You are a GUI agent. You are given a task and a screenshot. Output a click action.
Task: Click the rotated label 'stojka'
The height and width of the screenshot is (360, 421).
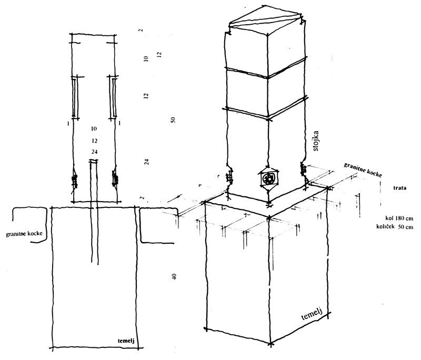click(316, 141)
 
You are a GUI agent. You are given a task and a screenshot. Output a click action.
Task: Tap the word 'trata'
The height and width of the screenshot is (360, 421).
click(399, 188)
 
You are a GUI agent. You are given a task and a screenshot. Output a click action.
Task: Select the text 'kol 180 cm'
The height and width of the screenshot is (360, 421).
click(399, 218)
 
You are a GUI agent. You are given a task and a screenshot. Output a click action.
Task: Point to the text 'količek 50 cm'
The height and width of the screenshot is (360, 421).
click(395, 227)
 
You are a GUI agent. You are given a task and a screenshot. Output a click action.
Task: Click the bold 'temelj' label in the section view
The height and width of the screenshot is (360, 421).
click(126, 341)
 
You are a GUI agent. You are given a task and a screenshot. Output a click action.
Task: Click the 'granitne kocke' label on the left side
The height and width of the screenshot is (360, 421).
click(24, 233)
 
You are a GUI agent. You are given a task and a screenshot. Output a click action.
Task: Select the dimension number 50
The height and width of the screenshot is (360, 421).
click(173, 119)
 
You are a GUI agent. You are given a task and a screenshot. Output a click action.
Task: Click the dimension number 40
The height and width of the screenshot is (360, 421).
click(174, 277)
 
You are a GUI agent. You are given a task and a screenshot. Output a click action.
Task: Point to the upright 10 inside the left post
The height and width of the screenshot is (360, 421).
click(94, 128)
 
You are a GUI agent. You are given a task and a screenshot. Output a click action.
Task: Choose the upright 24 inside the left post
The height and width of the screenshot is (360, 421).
click(94, 152)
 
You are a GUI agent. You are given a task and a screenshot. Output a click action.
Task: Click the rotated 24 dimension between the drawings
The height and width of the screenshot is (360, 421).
click(147, 162)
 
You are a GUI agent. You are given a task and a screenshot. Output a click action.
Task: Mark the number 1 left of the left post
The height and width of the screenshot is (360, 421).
click(68, 124)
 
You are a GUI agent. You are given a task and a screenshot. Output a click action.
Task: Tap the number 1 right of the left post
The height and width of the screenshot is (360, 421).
click(119, 123)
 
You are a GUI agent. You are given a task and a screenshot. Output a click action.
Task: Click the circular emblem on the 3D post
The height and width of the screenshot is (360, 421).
click(269, 178)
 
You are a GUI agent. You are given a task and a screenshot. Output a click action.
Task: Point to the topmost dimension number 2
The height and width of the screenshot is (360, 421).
click(141, 30)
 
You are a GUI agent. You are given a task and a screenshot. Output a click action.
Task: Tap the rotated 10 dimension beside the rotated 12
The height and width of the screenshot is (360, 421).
click(146, 59)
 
